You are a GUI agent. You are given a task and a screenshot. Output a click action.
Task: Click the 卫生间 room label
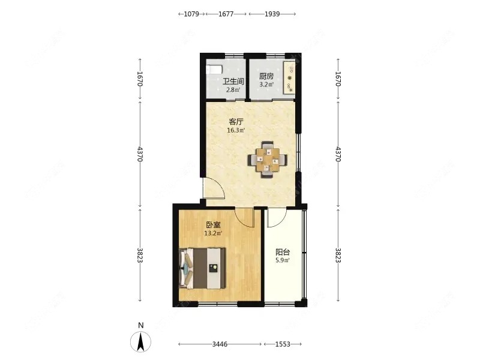(x=233, y=82)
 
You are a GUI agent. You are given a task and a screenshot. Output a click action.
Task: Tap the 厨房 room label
(x=266, y=76)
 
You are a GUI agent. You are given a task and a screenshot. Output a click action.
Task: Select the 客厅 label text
(x=236, y=122)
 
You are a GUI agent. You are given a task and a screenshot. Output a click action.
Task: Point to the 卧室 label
(x=213, y=225)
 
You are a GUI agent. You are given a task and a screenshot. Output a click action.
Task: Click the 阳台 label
(x=283, y=253)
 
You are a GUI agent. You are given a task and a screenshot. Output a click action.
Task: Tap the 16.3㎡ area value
(x=236, y=130)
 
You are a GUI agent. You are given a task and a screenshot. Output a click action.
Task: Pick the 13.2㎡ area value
(x=213, y=233)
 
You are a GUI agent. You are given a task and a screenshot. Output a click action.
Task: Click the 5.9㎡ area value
(x=283, y=261)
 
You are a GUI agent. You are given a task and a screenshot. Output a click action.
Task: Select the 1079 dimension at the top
(x=191, y=14)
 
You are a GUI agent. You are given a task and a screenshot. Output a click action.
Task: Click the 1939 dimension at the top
(x=272, y=14)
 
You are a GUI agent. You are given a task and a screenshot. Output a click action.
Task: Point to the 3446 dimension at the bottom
(x=220, y=344)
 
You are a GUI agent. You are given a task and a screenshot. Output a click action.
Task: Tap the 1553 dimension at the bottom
(x=283, y=344)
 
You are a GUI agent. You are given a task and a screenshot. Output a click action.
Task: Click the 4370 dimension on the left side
(x=140, y=154)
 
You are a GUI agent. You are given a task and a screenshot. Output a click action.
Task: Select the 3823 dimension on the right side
(x=338, y=255)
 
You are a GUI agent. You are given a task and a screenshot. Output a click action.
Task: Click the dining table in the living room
(x=268, y=160)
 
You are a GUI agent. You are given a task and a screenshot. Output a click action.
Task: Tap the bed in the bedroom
(x=202, y=268)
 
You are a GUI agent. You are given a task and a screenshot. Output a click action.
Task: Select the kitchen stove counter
(x=289, y=77)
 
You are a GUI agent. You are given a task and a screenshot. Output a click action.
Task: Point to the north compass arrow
(x=140, y=342)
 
